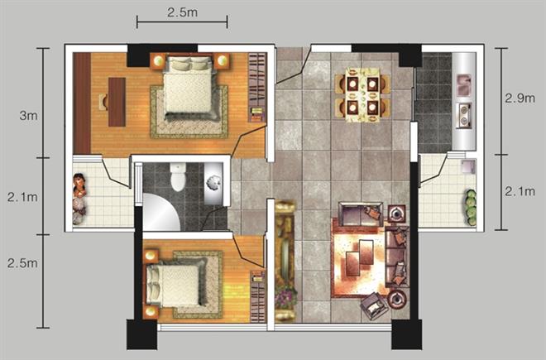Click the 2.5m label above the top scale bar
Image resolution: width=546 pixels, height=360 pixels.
[182, 13]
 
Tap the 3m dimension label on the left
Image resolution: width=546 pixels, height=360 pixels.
[29, 116]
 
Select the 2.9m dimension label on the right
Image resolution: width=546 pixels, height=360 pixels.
[520, 98]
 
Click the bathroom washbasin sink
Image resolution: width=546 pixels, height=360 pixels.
[213, 183]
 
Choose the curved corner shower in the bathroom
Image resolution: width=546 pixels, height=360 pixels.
[160, 212]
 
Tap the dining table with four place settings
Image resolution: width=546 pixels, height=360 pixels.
[362, 95]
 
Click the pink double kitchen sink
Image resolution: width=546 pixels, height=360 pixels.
[463, 84]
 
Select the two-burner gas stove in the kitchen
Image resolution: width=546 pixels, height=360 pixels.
[464, 115]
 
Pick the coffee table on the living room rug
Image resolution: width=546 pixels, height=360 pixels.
[359, 257]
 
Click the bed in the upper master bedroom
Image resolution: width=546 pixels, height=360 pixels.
[188, 87]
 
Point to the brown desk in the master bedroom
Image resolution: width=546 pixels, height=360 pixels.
[117, 102]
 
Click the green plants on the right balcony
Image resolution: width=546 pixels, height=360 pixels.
[471, 208]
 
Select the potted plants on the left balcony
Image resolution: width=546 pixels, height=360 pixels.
[79, 199]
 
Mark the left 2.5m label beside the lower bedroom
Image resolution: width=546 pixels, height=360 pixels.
[22, 263]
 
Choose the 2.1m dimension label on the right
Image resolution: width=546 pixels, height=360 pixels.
[520, 191]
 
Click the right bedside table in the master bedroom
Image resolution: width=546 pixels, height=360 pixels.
[221, 61]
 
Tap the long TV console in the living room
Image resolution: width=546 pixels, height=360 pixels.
[285, 261]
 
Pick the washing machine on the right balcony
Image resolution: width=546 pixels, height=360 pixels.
[468, 166]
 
